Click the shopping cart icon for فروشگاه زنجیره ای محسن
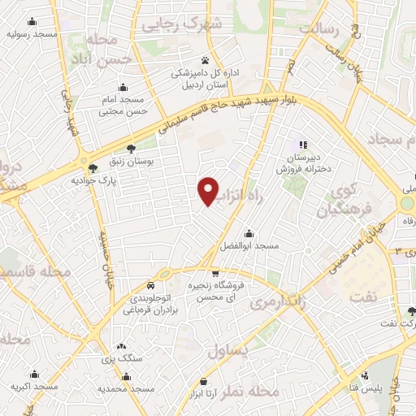click(x=214, y=274)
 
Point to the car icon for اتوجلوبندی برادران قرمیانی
click(x=151, y=286)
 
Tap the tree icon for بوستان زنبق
click(x=131, y=148)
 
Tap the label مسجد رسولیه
click(x=32, y=34)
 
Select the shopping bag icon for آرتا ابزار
click(x=202, y=382)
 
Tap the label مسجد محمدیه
click(x=127, y=388)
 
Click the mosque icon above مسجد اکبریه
click(x=34, y=375)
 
